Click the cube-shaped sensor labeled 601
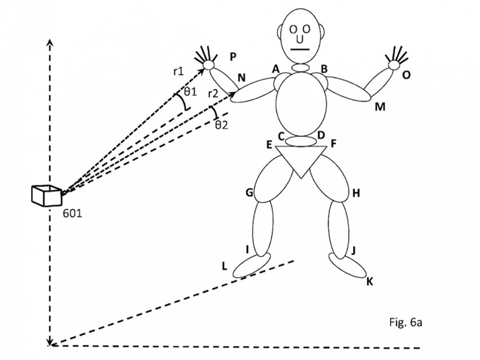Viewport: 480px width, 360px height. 45,195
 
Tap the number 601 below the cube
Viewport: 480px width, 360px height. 73,213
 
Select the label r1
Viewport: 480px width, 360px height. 178,71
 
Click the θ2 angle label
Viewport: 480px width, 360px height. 221,125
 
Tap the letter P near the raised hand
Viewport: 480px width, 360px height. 233,57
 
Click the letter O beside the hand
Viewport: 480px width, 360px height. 406,74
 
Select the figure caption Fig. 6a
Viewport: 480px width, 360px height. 406,322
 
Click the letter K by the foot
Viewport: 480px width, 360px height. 369,281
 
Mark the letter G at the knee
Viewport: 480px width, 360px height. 249,192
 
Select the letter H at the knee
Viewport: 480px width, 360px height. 356,193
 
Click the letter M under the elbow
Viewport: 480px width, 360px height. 380,106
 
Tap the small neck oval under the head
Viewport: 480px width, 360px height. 301,67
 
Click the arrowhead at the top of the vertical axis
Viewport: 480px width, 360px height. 49,41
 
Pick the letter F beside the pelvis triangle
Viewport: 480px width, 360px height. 333,144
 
